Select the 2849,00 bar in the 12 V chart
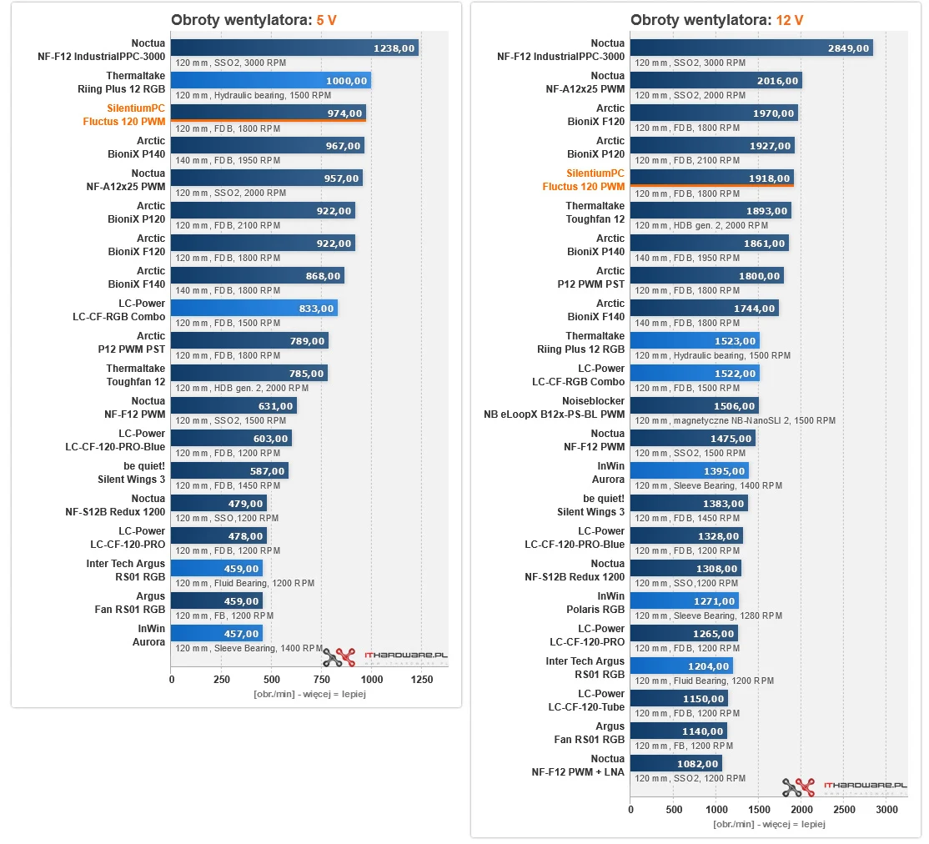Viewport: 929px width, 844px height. coord(751,48)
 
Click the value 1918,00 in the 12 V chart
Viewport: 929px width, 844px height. coord(769,178)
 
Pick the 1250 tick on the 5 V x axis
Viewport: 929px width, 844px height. coord(422,680)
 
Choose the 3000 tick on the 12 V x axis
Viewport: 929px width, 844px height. coord(886,810)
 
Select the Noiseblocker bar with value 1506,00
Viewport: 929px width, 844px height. coord(694,406)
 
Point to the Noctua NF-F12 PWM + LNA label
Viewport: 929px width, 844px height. coord(578,766)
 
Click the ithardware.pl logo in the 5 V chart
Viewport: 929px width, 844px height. coord(385,657)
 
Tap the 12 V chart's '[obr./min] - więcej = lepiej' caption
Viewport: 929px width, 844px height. coord(769,824)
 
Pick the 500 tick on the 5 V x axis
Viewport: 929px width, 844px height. coord(272,680)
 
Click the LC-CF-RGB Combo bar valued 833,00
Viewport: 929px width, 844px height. coord(254,309)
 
